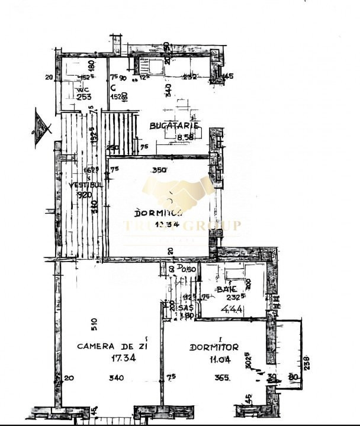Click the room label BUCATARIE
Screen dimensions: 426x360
pos(173,126)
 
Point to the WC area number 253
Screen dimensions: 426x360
pos(83,98)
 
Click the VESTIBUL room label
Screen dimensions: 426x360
pos(82,185)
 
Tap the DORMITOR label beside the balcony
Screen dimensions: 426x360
pos(214,347)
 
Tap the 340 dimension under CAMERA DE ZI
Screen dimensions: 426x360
pos(117,378)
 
